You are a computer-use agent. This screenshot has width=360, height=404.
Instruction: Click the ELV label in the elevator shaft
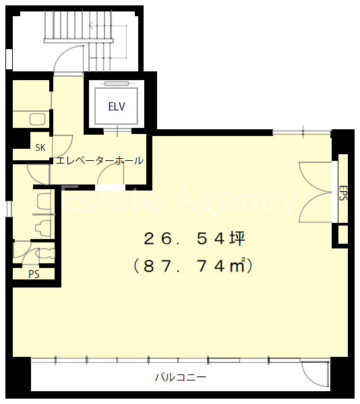coord(117,106)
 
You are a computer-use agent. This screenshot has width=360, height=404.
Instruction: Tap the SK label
coord(40,147)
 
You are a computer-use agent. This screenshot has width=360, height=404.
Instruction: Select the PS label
coord(34,274)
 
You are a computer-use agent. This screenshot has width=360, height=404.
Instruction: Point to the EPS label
coord(342,193)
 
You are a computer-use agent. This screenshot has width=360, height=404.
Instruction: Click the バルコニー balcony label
coord(181,378)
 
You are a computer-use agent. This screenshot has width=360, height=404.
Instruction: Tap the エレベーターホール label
coord(100,161)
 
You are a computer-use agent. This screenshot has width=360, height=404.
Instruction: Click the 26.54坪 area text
coord(194,238)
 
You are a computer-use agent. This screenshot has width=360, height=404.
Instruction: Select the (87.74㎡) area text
coord(193,266)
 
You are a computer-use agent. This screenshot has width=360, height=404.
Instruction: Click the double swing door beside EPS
coord(315,192)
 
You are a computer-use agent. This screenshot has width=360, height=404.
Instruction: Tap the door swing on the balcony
coord(315,374)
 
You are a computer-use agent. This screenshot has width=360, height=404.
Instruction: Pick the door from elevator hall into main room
coord(111,176)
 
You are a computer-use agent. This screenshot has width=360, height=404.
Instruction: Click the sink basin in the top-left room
coord(38,119)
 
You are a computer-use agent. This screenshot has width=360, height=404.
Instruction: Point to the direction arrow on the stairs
coord(108,41)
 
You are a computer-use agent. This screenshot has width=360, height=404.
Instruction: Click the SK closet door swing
coord(63,146)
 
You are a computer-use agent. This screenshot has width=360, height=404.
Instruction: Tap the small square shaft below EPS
coord(342,234)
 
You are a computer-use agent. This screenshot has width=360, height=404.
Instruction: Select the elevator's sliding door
coord(117,131)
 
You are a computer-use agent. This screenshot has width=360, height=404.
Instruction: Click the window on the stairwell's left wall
coord(9,59)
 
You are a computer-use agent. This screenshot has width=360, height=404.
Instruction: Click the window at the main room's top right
coord(302,133)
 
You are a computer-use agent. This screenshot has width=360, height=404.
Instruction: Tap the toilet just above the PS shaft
coord(46,252)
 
